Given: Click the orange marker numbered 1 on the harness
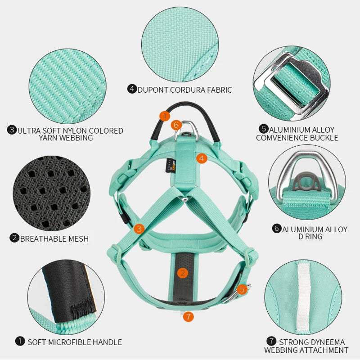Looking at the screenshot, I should [165, 116].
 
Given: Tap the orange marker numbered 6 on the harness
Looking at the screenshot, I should [176, 125].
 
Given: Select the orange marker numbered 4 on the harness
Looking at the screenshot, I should [201, 158].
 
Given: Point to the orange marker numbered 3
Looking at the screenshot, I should [139, 229].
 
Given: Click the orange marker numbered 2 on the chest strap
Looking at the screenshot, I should [182, 273].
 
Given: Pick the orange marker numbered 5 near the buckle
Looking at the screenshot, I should [242, 289].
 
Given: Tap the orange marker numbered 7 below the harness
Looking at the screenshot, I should [188, 316].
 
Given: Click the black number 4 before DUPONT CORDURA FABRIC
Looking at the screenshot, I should [132, 89].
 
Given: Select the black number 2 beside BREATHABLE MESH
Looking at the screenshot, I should [14, 238].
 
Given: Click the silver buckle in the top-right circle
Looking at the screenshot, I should [290, 83].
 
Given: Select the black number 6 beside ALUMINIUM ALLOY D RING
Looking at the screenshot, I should [277, 229].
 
